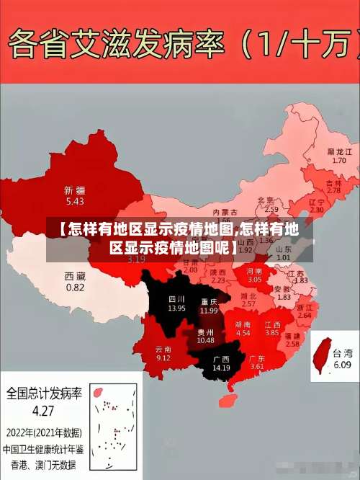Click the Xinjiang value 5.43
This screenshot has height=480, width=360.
pyautogui.click(x=73, y=201)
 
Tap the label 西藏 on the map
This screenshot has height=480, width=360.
pyautogui.click(x=75, y=276)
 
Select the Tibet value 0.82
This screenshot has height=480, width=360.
pyautogui.click(x=75, y=287)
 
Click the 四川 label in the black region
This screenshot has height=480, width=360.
pyautogui.click(x=176, y=299)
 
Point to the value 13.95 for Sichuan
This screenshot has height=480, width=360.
pyautogui.click(x=176, y=308)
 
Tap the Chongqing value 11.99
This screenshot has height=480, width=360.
pyautogui.click(x=209, y=310)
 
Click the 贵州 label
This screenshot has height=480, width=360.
pyautogui.click(x=205, y=332)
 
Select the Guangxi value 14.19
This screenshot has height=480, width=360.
pyautogui.click(x=221, y=368)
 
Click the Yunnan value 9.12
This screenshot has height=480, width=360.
pyautogui.click(x=163, y=358)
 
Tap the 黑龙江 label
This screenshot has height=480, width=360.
pyautogui.click(x=339, y=152)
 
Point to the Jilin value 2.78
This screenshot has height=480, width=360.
pyautogui.click(x=333, y=190)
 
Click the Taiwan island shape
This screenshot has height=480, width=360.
pyautogui.click(x=320, y=357)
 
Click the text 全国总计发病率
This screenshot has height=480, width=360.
pyautogui.click(x=43, y=395)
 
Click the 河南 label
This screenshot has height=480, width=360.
pyautogui.click(x=255, y=270)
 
